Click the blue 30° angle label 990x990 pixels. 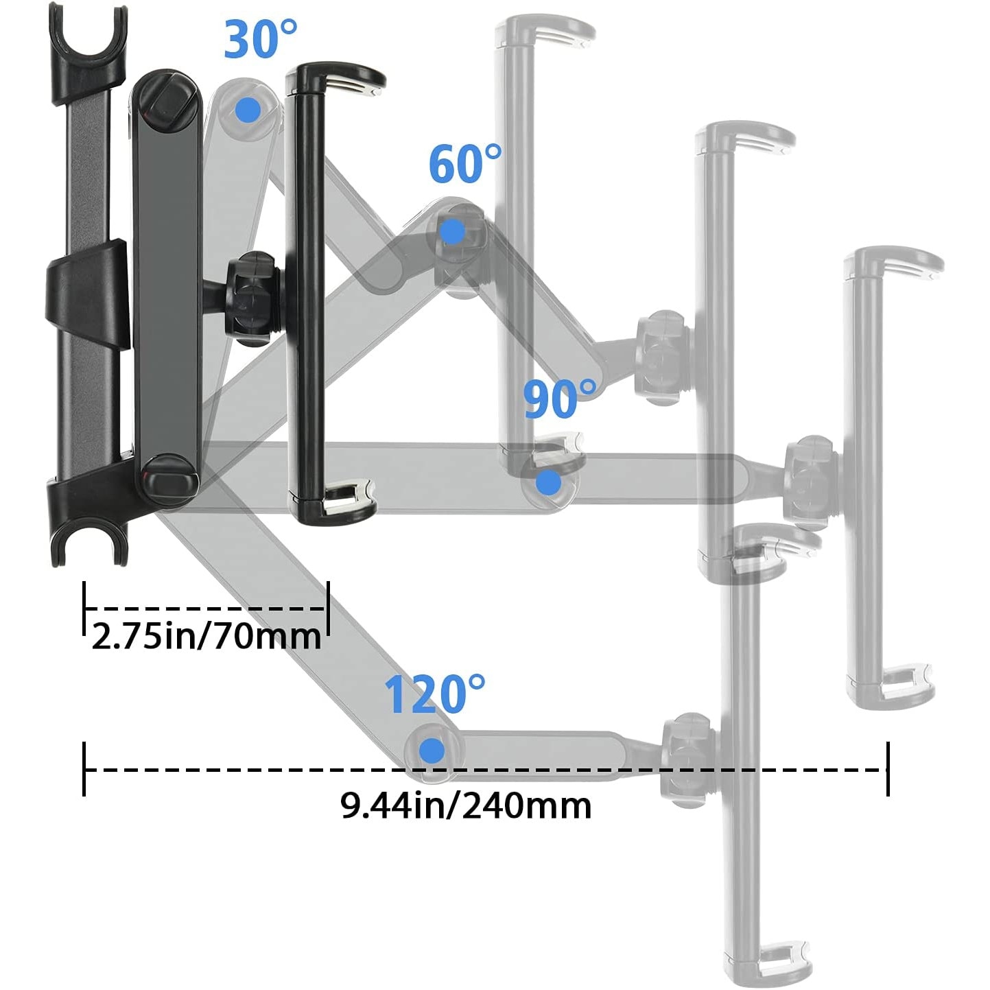coord(260,39)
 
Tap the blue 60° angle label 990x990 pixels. coord(464,164)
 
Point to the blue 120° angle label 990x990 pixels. coord(434,694)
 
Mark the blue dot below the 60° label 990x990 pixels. coord(451,232)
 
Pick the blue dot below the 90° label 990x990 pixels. coord(548,482)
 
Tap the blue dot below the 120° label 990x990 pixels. coord(432,750)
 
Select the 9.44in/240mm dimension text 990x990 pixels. coord(466,805)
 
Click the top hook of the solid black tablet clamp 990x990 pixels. coord(343,77)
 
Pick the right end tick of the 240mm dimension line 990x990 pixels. coord(888,769)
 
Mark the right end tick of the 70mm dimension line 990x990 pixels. coord(329,608)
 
